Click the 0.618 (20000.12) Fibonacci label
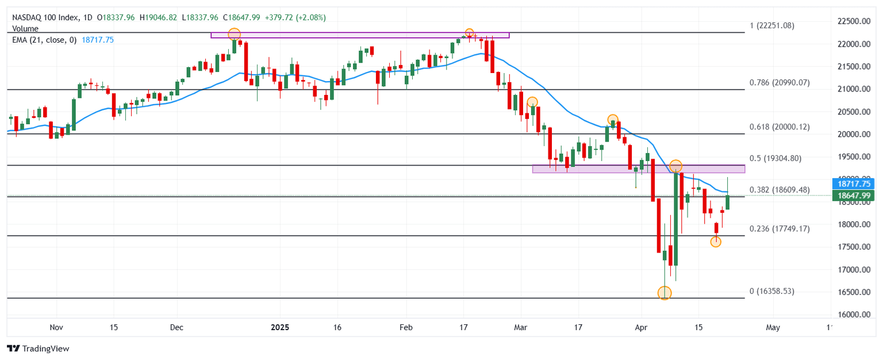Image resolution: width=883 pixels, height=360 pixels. tap(780, 127)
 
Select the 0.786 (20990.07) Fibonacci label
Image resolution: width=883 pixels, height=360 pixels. tap(780, 83)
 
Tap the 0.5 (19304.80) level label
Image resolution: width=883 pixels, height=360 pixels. tap(775, 158)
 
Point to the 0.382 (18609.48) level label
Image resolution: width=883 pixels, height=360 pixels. tap(780, 190)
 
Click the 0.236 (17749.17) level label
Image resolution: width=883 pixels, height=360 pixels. tap(780, 229)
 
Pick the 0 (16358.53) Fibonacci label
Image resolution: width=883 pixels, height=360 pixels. tap(772, 292)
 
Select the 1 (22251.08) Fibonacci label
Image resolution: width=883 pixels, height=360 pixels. tap(772, 26)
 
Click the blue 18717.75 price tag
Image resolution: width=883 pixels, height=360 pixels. tap(853, 184)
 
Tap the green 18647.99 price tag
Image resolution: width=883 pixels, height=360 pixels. tap(853, 196)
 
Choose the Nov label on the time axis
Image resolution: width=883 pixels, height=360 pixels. tap(56, 328)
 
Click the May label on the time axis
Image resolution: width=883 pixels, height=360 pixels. tap(773, 328)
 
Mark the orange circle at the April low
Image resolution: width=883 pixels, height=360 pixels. tap(665, 293)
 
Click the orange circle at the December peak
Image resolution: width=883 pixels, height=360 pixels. tap(234, 34)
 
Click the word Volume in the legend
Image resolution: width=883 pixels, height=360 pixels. tap(25, 29)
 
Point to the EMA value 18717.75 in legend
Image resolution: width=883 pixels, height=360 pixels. tap(98, 40)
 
